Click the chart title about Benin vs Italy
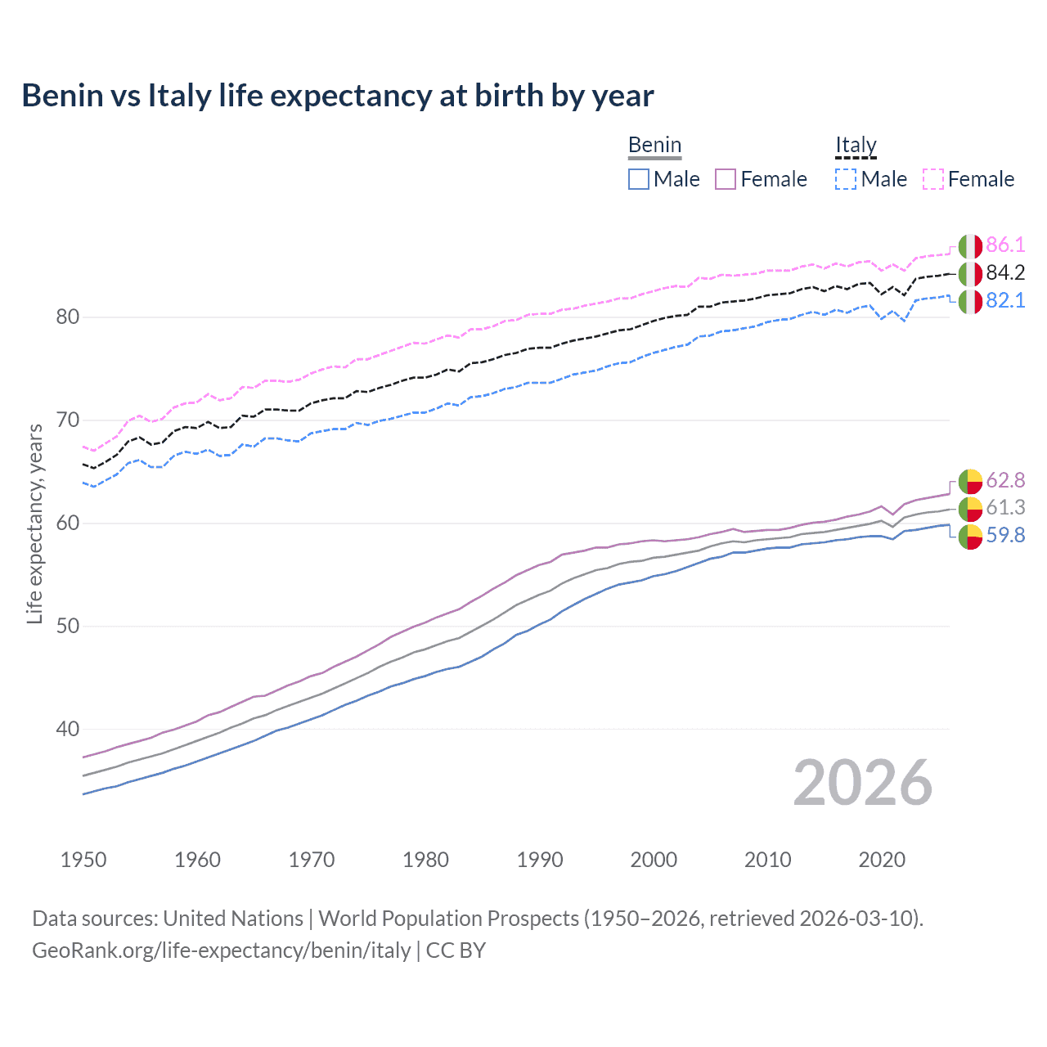[x=337, y=96]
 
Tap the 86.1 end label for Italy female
[x=1005, y=245]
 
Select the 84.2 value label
[x=1005, y=272]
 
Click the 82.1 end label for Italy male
[x=1005, y=300]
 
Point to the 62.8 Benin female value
[x=1005, y=480]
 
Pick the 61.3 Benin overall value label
[x=1005, y=507]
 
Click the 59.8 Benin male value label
[x=1005, y=535]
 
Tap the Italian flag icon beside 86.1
[x=970, y=245]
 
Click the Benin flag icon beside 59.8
[x=970, y=537]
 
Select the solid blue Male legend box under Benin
[x=639, y=179]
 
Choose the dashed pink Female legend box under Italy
[x=933, y=179]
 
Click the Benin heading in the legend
[x=654, y=146]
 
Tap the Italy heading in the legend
[x=856, y=146]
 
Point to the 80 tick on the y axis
[x=68, y=317]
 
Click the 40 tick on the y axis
[x=68, y=729]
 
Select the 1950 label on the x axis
[x=83, y=860]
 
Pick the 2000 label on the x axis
[x=654, y=860]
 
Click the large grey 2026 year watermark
[x=863, y=783]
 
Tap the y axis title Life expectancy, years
[x=34, y=523]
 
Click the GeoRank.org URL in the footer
[x=221, y=950]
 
